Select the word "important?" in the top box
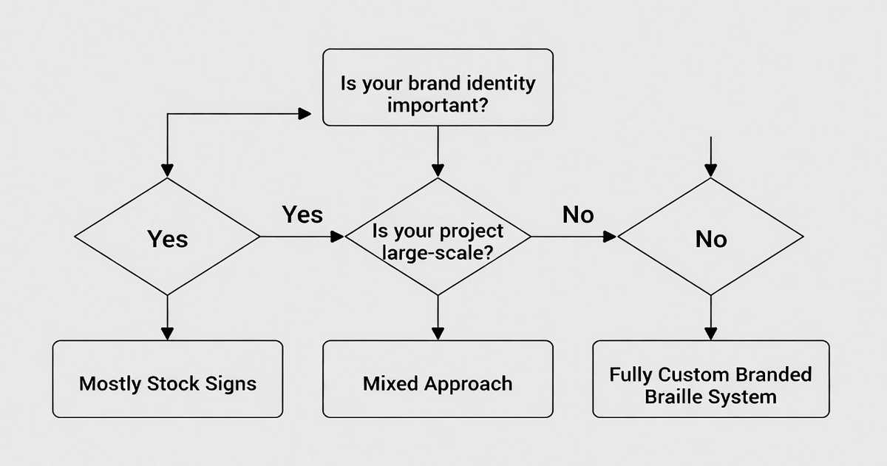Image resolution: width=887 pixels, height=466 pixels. point(437,104)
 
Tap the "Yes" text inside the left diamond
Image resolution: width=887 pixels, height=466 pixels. point(167,239)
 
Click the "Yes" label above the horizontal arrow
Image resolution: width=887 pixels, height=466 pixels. point(302,215)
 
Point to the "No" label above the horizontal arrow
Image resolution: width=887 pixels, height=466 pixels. point(577,215)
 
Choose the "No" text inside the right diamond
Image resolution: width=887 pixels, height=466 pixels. point(710,239)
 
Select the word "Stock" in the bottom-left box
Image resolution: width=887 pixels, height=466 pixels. point(173,384)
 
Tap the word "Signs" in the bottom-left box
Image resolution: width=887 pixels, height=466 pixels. point(231,384)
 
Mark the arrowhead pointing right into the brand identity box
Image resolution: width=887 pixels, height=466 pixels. point(304,114)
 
